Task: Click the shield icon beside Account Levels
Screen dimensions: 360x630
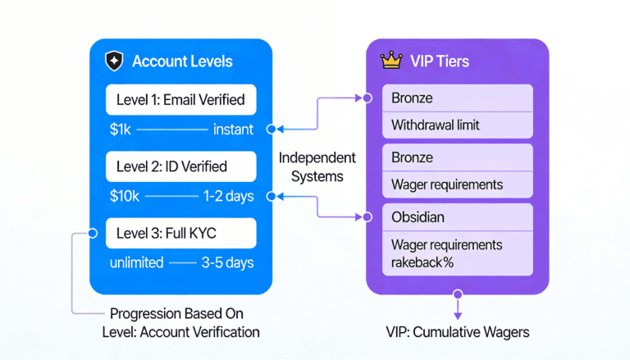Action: [113, 62]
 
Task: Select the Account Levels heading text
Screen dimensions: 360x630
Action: [182, 62]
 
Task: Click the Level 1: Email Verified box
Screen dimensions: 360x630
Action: [180, 100]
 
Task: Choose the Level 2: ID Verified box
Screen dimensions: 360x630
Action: [180, 166]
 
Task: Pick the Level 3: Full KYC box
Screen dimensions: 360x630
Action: [180, 233]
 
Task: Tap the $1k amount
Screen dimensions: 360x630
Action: [121, 130]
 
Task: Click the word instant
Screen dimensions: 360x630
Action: [233, 130]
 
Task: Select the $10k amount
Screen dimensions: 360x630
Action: [125, 196]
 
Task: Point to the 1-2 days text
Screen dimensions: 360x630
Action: [227, 196]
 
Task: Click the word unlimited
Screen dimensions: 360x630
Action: [136, 262]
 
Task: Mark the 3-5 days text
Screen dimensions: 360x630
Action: [227, 262]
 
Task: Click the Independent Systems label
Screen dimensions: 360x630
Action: [317, 166]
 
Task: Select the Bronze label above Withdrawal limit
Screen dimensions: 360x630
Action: [412, 98]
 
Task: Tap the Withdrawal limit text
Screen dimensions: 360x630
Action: [435, 125]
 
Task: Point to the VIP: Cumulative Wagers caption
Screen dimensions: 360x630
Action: [457, 332]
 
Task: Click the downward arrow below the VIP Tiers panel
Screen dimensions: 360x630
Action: [458, 312]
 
